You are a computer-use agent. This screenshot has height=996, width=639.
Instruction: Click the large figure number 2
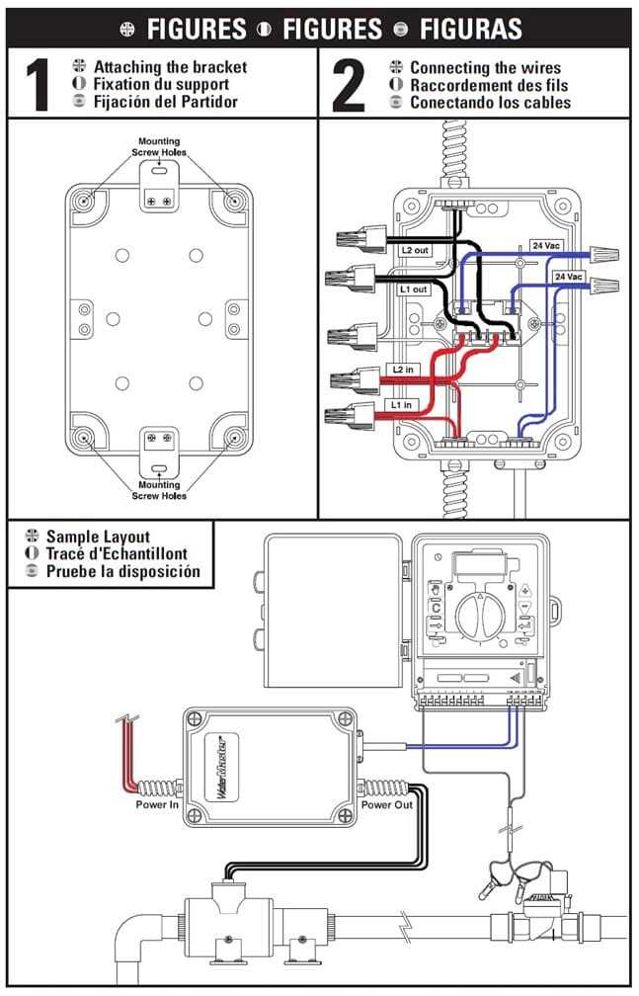click(x=349, y=87)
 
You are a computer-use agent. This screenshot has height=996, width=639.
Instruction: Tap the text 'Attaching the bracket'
click(x=170, y=67)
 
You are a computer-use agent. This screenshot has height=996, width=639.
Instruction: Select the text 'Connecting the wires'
click(x=485, y=68)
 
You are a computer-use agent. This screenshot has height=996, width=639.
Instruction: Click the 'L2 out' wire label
click(x=414, y=251)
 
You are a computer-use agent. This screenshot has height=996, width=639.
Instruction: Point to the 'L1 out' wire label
click(x=414, y=289)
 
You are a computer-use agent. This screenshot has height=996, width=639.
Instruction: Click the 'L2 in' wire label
click(x=404, y=369)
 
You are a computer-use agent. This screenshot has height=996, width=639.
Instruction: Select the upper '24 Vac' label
click(x=544, y=244)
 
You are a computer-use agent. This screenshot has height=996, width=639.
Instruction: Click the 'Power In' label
click(x=157, y=804)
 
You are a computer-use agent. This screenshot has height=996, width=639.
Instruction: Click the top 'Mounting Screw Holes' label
click(x=159, y=147)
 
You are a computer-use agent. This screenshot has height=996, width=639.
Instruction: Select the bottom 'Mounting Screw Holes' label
click(x=159, y=490)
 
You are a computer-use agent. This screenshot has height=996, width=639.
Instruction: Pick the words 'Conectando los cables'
click(x=490, y=103)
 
